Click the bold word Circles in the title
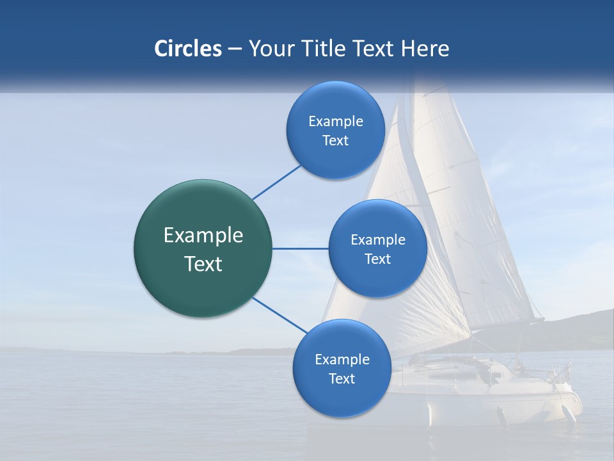188,49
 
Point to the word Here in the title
425,49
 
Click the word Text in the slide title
374,49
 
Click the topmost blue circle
335,102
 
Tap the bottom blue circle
342,397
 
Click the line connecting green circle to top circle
276,182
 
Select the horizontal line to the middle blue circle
300,248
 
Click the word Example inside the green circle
203,236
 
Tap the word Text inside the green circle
203,264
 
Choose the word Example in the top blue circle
336,122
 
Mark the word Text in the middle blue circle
377,259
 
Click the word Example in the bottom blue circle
342,360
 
